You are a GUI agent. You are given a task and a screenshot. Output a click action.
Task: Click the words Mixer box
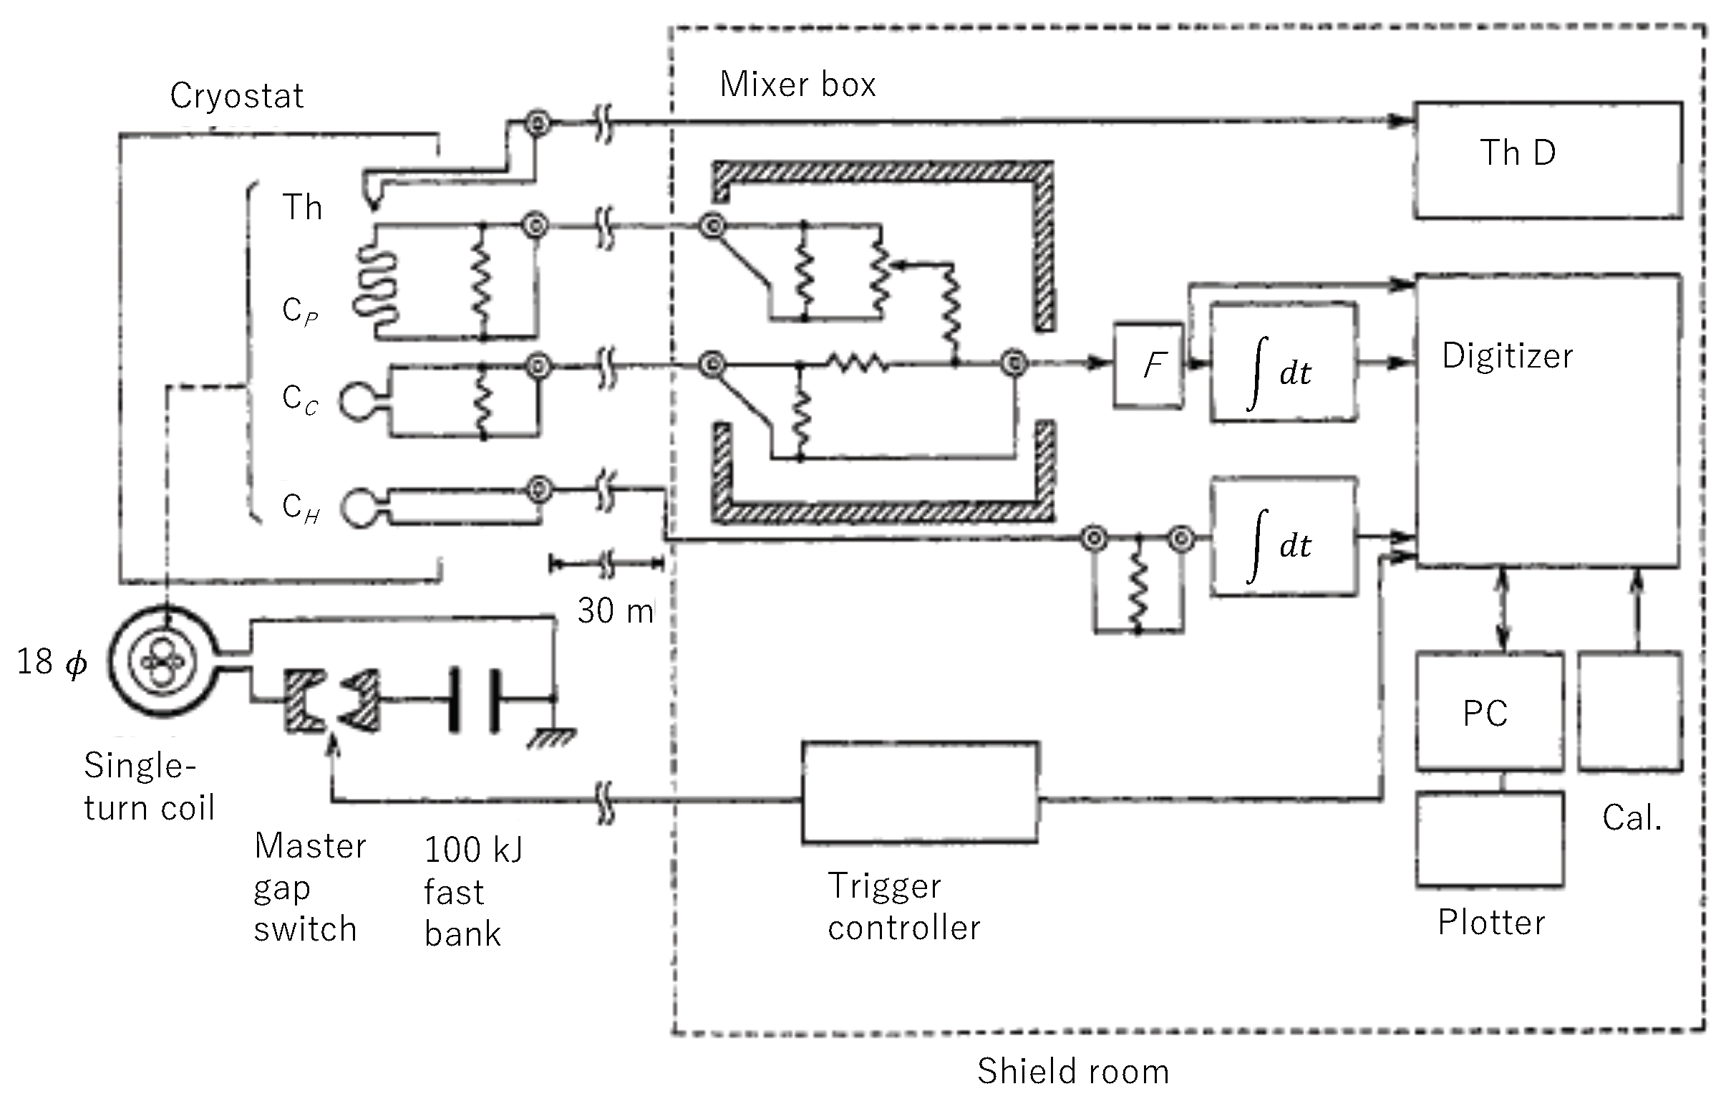[798, 85]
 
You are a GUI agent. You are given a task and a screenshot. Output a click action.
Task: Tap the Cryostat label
[236, 97]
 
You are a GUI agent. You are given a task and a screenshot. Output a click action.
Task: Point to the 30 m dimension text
[616, 611]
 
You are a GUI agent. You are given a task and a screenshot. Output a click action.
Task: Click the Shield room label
[1072, 1071]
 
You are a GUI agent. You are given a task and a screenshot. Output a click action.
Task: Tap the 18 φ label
[52, 662]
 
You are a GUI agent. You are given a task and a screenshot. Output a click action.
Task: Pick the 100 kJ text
[474, 850]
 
